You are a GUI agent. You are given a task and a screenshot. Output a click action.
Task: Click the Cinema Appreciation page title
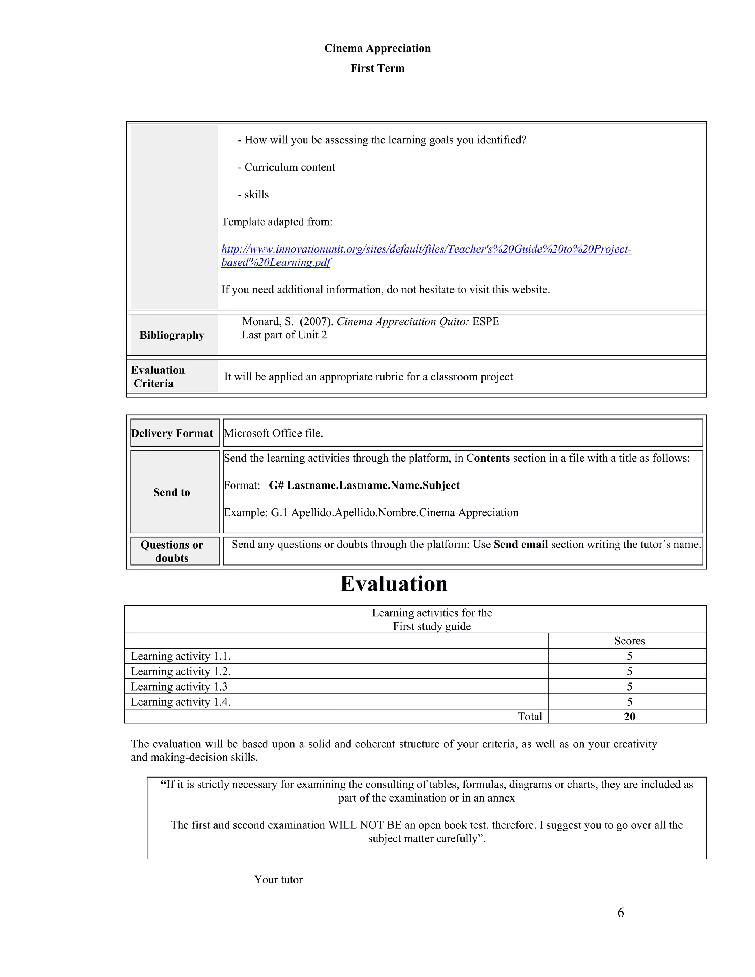tap(377, 48)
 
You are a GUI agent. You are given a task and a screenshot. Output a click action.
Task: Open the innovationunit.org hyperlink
tap(426, 250)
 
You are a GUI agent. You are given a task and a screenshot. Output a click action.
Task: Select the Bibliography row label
tap(172, 335)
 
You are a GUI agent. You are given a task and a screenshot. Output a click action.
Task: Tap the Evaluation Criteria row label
tap(157, 377)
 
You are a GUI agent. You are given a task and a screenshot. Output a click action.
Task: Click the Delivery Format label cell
tap(172, 433)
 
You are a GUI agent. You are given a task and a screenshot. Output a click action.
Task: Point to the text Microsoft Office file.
tap(273, 433)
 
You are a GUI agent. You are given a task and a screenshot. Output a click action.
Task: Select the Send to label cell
tap(172, 492)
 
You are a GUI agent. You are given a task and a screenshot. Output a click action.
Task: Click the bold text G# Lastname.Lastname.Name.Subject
tap(364, 486)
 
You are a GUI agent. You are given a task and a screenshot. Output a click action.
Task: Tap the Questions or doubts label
tap(172, 551)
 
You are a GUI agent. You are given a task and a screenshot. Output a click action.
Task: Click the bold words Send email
tap(521, 545)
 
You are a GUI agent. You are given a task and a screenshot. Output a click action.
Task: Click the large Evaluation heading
tap(394, 584)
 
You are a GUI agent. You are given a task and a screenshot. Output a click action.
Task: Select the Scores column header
tap(629, 641)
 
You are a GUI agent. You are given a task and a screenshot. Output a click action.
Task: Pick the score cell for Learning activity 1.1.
tap(629, 656)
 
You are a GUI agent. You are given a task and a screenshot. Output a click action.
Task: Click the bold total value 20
tap(629, 716)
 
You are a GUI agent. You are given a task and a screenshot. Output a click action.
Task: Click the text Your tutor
tap(278, 879)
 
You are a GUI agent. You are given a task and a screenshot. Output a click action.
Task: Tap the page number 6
tap(620, 912)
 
